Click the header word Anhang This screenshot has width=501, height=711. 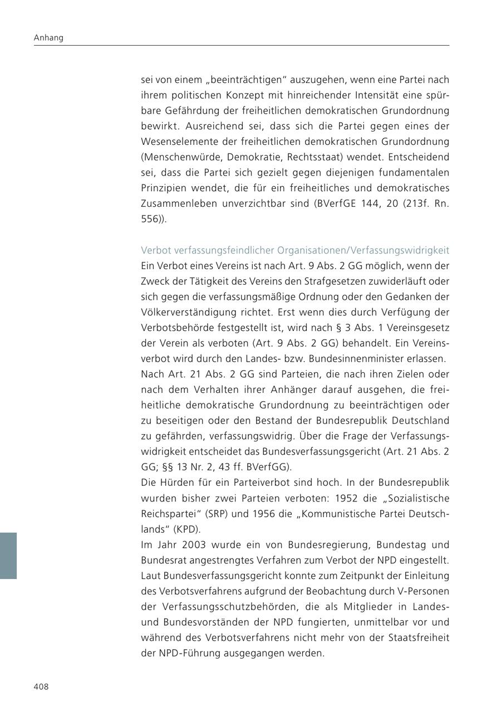(x=48, y=38)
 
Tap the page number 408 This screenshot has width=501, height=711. (x=41, y=686)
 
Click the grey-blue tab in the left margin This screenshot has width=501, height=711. (x=8, y=556)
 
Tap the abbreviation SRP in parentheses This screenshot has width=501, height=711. (x=212, y=513)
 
